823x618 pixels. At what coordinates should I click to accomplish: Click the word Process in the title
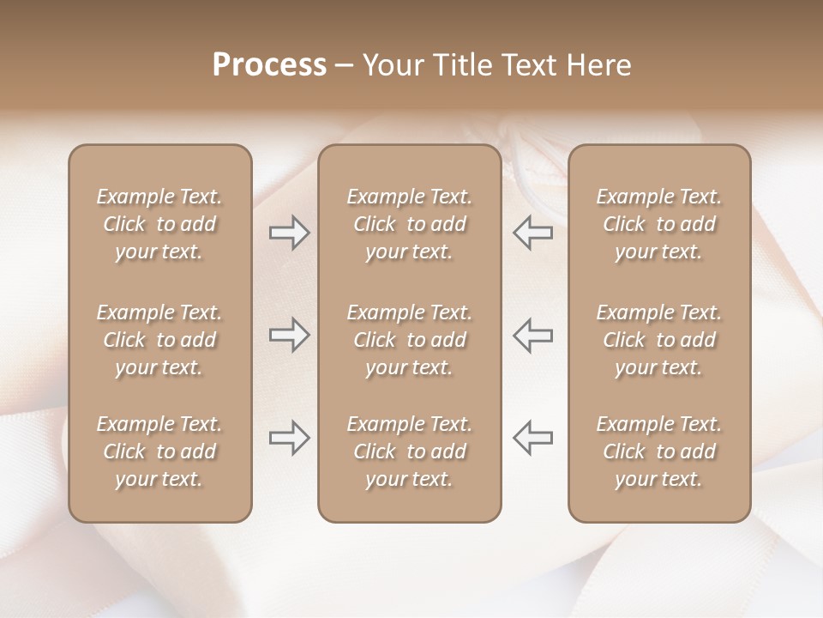tap(269, 65)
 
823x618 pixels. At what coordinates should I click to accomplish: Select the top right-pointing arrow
tap(289, 233)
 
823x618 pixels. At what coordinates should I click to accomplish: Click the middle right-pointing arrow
tap(289, 335)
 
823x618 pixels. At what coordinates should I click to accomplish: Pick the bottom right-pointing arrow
tap(289, 438)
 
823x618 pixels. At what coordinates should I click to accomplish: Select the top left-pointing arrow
tap(532, 233)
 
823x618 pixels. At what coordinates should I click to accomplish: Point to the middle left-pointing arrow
tap(532, 335)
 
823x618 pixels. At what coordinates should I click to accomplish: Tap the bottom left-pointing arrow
tap(532, 438)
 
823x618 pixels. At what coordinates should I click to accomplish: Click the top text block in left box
tap(159, 224)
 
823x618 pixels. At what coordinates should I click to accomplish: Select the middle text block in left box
tap(159, 340)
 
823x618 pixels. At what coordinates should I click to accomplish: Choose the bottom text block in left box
tap(159, 451)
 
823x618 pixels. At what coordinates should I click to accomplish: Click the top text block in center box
tap(410, 224)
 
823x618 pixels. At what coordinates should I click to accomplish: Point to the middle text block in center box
tap(410, 340)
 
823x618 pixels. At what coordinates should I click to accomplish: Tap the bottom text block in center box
tap(410, 451)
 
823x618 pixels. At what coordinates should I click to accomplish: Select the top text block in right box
tap(659, 224)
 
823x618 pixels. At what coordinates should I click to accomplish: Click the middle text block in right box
tap(659, 340)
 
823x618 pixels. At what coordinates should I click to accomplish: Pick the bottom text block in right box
tap(659, 451)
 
